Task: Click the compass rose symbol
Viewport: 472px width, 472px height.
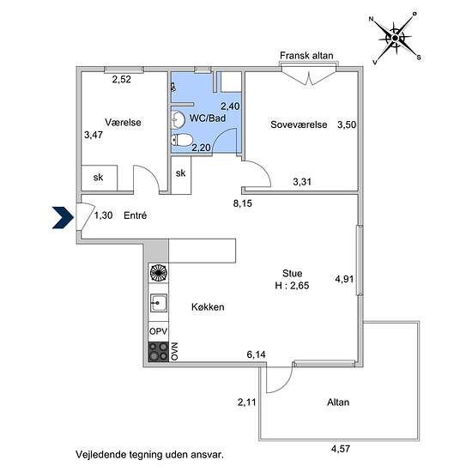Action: (395, 39)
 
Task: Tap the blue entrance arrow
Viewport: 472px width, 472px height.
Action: (63, 217)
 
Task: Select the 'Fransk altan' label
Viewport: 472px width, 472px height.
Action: (306, 56)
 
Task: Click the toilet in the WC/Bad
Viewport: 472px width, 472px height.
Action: (182, 140)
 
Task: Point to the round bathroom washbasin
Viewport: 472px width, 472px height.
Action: (178, 119)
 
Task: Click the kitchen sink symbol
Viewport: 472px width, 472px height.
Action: (159, 303)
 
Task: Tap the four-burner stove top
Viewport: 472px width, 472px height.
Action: (159, 352)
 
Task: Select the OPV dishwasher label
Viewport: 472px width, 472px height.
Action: (159, 331)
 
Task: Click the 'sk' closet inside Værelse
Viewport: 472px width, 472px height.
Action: (99, 178)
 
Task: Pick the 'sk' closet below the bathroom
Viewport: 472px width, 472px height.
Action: (180, 174)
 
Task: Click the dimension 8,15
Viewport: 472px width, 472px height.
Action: (243, 203)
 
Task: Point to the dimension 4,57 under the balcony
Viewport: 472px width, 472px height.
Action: (341, 449)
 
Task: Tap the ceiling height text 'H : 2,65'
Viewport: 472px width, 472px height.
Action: (292, 286)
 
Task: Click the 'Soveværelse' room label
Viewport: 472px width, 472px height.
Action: (299, 124)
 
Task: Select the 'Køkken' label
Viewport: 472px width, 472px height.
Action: (208, 306)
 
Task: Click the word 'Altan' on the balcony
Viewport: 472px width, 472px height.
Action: (338, 402)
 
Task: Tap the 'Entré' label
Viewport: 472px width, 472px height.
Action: (135, 215)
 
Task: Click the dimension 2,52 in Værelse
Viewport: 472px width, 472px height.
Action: (122, 79)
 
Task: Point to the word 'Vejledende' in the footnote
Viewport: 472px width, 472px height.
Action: (101, 454)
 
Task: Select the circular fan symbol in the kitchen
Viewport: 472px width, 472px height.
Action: (159, 273)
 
